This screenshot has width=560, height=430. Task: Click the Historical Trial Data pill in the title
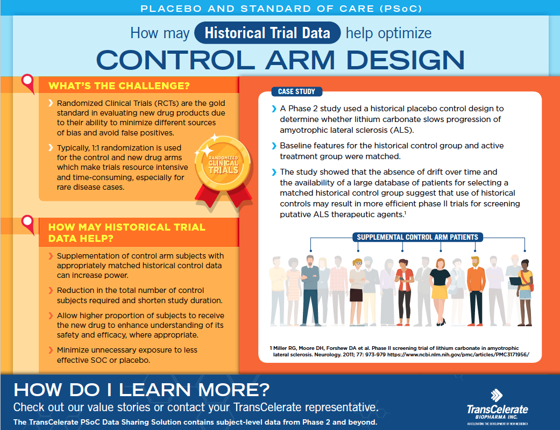tap(267, 33)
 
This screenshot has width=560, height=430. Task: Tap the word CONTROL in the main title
tap(175, 60)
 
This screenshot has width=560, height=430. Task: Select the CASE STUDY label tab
tap(296, 92)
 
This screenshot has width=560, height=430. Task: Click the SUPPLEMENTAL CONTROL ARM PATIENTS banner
tap(417, 237)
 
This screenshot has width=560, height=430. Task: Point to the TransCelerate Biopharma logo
tap(497, 407)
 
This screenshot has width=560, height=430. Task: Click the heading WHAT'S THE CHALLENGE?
tap(119, 85)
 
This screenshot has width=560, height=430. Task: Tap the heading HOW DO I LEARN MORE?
tap(141, 389)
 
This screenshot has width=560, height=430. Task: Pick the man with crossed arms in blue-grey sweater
tap(310, 291)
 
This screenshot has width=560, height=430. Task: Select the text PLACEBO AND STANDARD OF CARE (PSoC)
tap(281, 8)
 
